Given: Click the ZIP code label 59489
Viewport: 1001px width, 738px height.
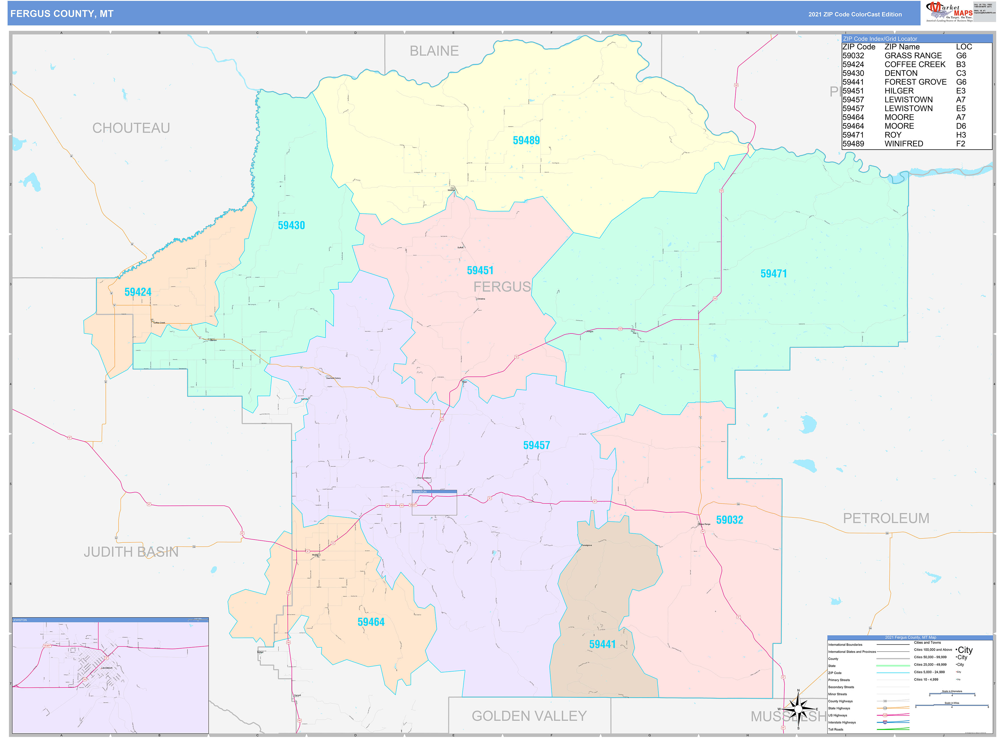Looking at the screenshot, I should click(526, 140).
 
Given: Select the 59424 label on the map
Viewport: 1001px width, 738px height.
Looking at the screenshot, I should click(138, 292).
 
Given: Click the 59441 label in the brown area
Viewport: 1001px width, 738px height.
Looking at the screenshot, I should click(602, 644).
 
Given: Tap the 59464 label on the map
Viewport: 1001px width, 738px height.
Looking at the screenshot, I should click(370, 622).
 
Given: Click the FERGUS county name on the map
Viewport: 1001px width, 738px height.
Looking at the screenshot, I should click(502, 286).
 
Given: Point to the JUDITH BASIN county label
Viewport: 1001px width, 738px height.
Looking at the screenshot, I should click(131, 552).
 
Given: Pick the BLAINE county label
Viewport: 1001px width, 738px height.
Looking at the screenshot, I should click(434, 51).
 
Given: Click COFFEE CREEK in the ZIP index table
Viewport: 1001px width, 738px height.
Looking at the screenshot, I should click(914, 64).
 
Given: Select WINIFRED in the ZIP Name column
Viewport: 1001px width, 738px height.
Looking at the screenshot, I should click(904, 144).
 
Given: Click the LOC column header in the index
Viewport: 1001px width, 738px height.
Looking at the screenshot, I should click(964, 47).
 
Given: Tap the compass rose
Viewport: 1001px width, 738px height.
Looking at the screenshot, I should click(798, 709).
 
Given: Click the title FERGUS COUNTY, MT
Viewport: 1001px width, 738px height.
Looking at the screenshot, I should click(62, 14).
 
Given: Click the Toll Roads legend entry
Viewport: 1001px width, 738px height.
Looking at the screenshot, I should click(836, 729).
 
